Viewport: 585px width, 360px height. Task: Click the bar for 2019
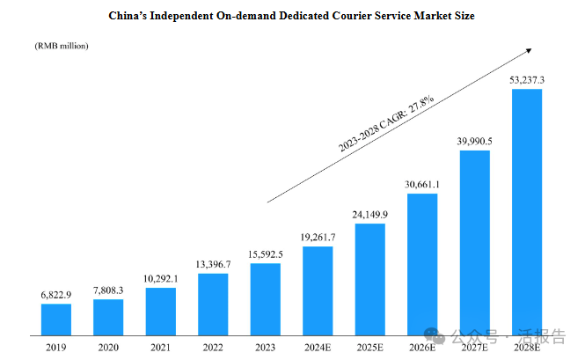56,320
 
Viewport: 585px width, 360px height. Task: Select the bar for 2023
266,299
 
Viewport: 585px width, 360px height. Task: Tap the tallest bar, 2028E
527,211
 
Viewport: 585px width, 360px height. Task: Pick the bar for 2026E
422,264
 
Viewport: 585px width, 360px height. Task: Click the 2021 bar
161,312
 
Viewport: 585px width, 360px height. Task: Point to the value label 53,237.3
527,80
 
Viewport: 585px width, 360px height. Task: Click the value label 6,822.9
56,296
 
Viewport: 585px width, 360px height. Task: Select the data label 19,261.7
318,238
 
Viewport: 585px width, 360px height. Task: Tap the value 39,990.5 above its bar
475,142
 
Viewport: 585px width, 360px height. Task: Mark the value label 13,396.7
213,264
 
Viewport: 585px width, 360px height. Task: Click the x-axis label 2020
108,347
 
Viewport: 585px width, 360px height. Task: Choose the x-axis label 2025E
370,347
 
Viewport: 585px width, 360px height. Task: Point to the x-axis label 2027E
475,347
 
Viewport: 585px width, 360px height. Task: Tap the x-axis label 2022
213,347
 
